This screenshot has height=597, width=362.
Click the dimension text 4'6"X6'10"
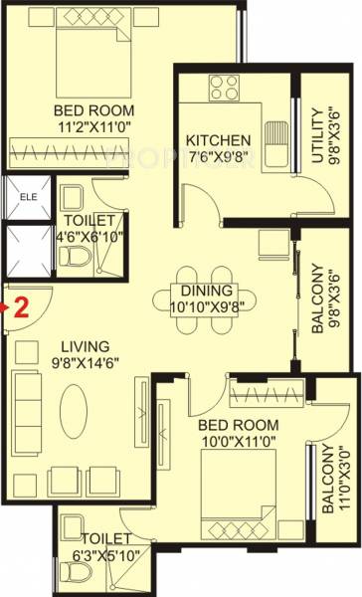[x=91, y=236]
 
